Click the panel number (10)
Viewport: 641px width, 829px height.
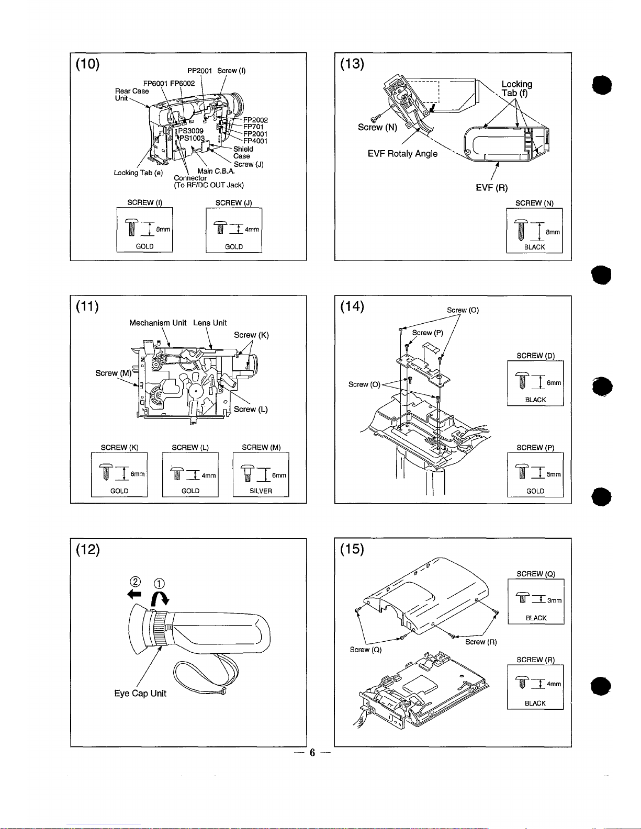[88, 64]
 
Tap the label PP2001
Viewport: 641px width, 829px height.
[199, 71]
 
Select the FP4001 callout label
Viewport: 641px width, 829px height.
[255, 141]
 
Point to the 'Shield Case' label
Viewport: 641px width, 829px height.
[243, 152]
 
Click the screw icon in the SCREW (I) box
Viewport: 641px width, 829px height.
[132, 228]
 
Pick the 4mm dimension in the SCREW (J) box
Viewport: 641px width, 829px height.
[252, 229]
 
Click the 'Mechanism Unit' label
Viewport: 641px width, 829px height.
[158, 323]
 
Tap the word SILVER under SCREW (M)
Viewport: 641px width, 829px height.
[261, 491]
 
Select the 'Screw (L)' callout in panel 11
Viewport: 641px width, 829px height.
[251, 410]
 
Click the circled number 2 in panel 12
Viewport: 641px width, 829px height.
[136, 582]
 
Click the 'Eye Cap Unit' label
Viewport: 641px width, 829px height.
[140, 693]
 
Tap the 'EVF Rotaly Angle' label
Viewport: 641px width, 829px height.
[402, 154]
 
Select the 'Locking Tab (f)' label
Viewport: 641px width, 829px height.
[517, 88]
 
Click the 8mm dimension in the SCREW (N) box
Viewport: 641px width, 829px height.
[553, 232]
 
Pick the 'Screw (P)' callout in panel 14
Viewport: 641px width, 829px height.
[428, 333]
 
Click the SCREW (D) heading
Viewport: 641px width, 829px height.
[535, 356]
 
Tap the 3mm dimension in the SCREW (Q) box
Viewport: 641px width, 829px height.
[554, 600]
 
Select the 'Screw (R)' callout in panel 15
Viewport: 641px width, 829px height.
[481, 642]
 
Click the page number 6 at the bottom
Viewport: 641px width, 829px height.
[312, 752]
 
